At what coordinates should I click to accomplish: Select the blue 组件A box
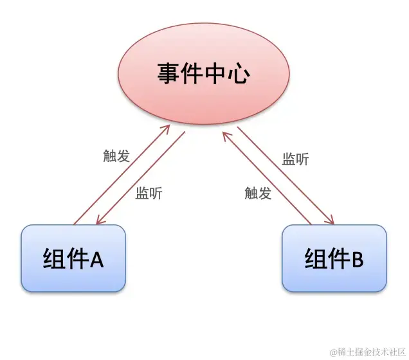(x=73, y=258)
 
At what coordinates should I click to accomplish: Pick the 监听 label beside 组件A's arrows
(x=149, y=195)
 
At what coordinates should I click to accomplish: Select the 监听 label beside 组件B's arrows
(x=295, y=159)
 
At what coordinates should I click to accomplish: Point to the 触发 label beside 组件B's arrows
(x=258, y=193)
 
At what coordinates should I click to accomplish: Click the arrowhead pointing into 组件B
(x=330, y=221)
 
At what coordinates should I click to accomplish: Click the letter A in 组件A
(x=96, y=259)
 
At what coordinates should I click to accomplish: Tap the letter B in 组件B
(x=357, y=259)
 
